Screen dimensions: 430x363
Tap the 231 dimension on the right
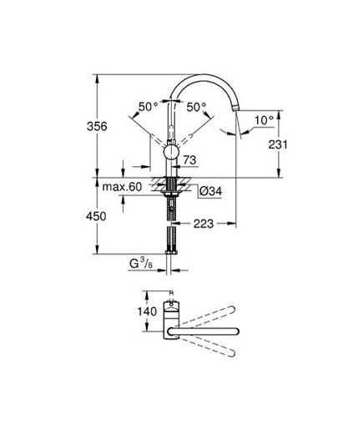[279, 144]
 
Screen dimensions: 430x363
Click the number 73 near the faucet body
[189, 159]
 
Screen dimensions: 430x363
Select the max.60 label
[122, 187]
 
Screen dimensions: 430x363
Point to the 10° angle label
[265, 120]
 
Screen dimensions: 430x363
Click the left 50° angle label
[148, 106]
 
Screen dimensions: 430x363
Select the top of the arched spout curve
[204, 76]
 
